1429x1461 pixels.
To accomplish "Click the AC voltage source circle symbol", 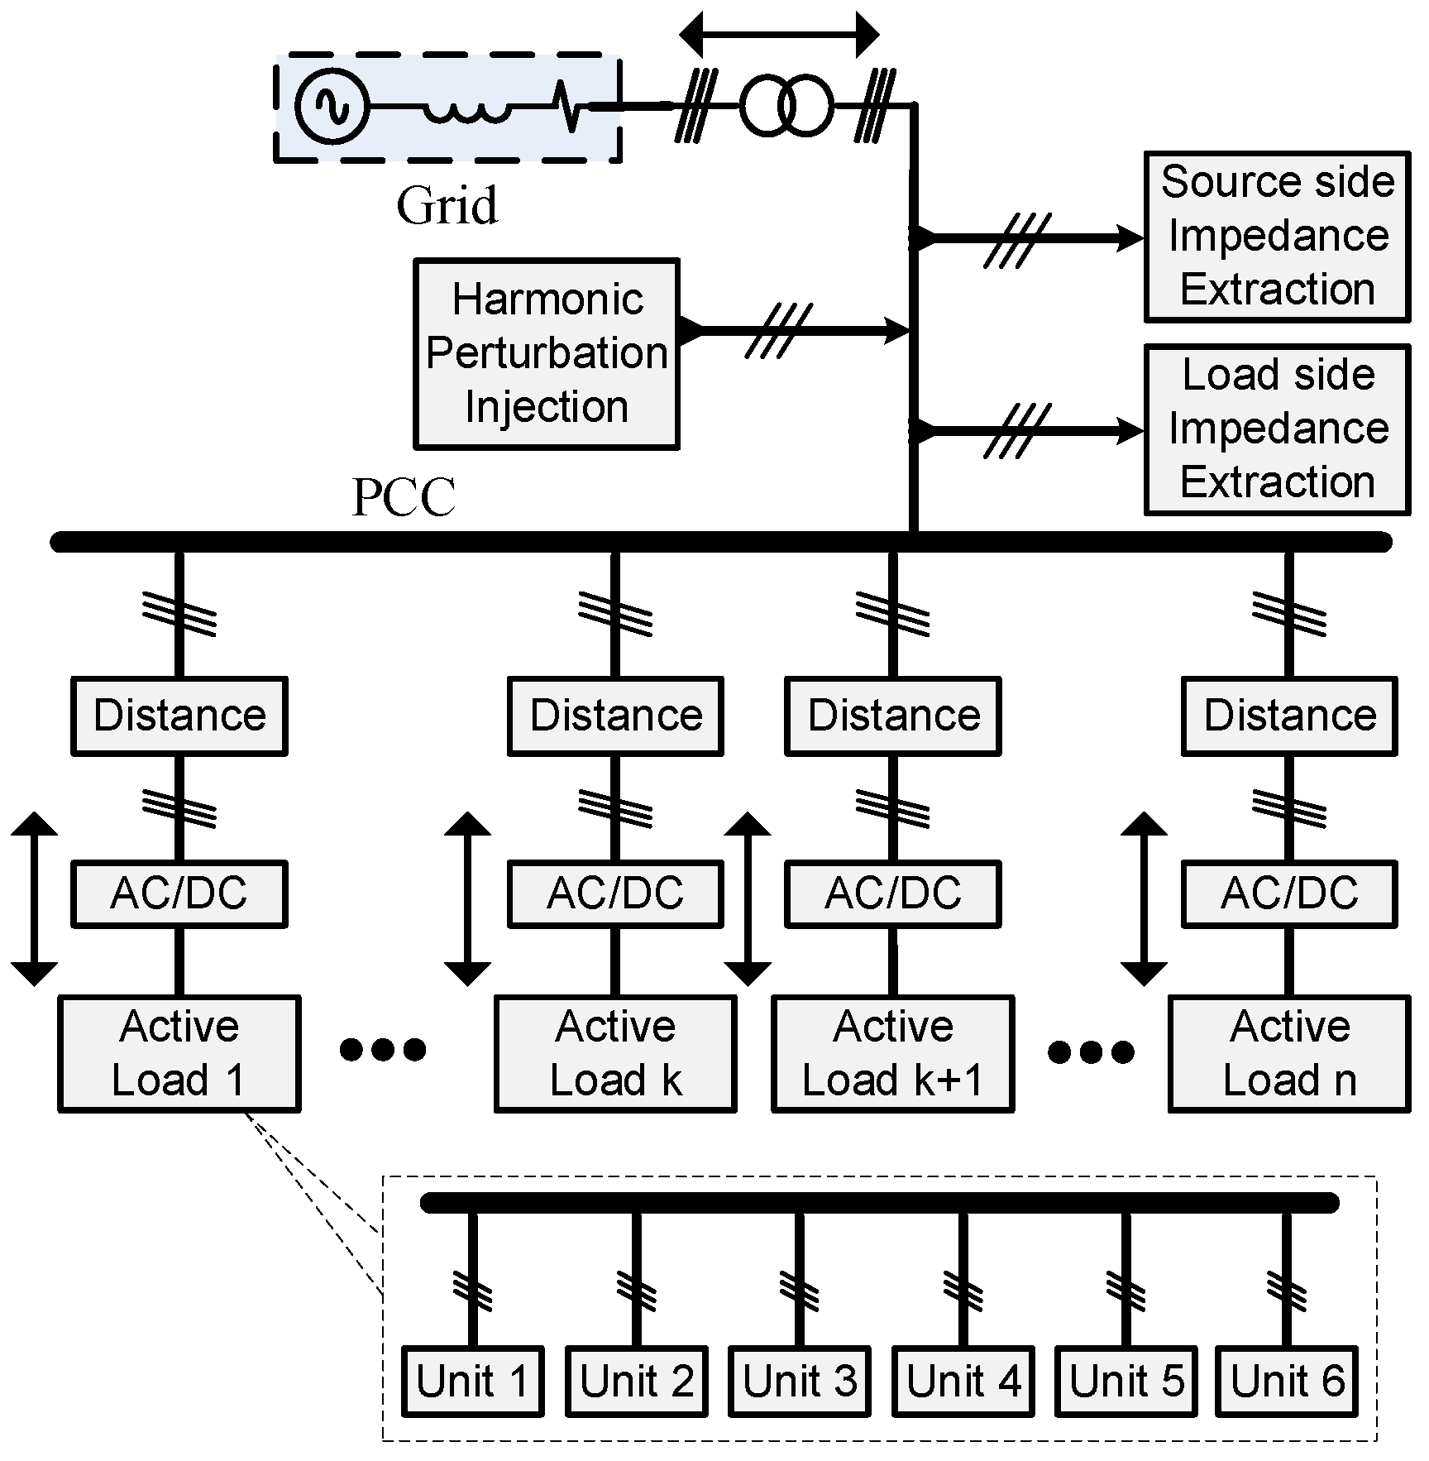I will (x=332, y=106).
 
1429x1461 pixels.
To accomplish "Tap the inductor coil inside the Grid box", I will (x=468, y=110).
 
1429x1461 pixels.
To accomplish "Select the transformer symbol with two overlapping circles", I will (x=785, y=106).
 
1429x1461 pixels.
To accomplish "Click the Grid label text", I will (x=447, y=205).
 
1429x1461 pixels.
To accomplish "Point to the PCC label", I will (x=404, y=497).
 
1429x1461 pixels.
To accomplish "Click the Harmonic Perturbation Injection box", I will (x=547, y=353).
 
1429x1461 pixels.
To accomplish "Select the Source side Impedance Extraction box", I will (x=1277, y=237).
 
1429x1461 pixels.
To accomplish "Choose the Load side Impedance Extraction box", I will (x=1277, y=429).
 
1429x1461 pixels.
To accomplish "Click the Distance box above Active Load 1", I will (x=179, y=716).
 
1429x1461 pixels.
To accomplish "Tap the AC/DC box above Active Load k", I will (x=615, y=893).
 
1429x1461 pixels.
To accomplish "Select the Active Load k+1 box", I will (x=892, y=1053).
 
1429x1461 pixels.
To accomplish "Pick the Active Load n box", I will (x=1288, y=1053).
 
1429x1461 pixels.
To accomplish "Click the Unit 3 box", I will (x=799, y=1381).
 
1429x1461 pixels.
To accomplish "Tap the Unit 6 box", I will (x=1287, y=1381).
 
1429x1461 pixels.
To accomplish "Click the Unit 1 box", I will (x=472, y=1381).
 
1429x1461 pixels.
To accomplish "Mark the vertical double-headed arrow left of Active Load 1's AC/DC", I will (x=34, y=898).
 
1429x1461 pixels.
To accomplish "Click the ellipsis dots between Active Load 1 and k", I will (x=383, y=1049).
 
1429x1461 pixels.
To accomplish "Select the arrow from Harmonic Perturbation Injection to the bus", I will (x=794, y=330).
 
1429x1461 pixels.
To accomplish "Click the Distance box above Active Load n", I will (x=1288, y=716).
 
